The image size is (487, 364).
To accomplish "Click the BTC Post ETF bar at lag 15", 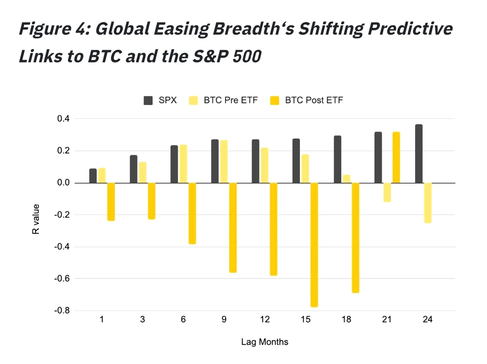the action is [314, 245].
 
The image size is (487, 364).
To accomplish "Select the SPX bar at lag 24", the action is [419, 154].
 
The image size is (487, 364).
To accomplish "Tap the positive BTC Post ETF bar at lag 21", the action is [396, 157].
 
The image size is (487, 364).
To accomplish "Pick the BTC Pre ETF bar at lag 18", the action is [346, 179].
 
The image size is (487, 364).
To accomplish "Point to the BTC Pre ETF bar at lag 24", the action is [427, 203].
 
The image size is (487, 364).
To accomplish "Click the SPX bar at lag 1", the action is [93, 176].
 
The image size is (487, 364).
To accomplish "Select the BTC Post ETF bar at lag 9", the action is [233, 227].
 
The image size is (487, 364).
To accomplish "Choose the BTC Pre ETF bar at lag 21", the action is [387, 192].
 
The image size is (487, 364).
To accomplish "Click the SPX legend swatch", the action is [148, 101].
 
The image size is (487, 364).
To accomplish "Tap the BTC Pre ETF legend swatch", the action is [193, 101].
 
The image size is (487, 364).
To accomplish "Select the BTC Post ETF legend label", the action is [314, 100].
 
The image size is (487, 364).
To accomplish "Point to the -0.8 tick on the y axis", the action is [62, 310].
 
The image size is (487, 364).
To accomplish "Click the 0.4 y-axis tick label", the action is [63, 118].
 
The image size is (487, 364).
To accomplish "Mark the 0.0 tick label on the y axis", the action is [63, 182].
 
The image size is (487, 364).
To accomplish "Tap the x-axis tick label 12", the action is [265, 319].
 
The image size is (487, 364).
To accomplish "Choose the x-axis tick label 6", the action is [183, 319].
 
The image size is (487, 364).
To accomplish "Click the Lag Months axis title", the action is [265, 342].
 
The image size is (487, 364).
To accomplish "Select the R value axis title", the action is [36, 219].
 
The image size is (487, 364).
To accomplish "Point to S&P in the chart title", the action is [210, 56].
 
